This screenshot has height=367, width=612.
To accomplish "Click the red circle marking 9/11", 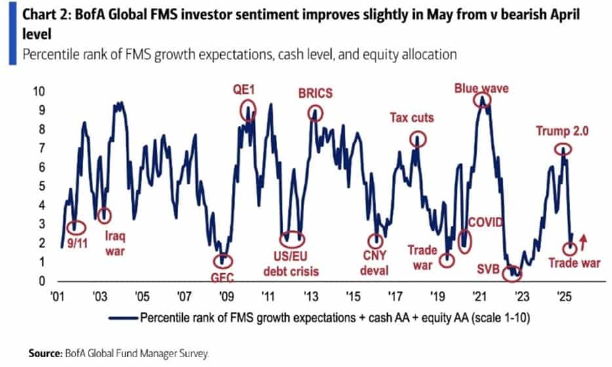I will pos(77,227).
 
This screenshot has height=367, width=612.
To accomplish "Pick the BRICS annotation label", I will pos(315,93).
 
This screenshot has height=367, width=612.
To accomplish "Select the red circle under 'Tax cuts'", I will pos(418,139).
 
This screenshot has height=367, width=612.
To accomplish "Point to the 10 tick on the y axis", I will pos(39,90).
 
